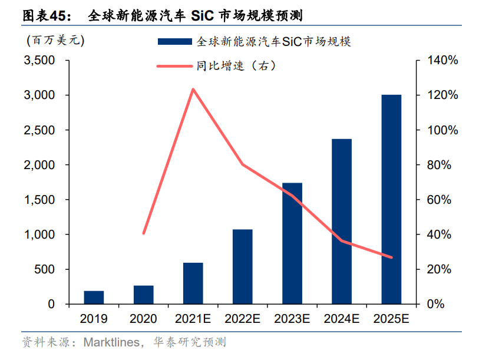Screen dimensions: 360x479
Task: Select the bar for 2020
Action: [x=143, y=295]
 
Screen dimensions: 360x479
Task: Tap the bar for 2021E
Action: [x=193, y=283]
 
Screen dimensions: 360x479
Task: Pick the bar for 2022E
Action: [x=242, y=267]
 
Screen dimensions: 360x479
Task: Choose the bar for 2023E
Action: [x=292, y=243]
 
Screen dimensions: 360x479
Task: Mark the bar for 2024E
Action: [x=342, y=222]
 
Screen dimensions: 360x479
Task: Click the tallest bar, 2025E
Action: [x=391, y=199]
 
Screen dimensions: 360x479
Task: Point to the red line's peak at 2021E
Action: [x=193, y=90]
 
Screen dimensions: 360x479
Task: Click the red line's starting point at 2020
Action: [x=143, y=233]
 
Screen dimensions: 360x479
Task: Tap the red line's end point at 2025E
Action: [x=391, y=257]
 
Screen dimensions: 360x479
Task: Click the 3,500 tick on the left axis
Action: [x=39, y=61]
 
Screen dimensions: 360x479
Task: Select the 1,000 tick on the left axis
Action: [x=39, y=235]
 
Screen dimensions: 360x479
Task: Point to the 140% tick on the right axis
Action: [x=439, y=61]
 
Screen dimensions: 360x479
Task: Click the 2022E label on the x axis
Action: [x=242, y=319]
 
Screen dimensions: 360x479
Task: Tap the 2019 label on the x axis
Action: [x=94, y=319]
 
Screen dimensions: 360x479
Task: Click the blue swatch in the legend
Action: [x=174, y=42]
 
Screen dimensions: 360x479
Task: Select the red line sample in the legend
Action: [x=174, y=65]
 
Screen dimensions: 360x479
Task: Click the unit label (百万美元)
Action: [x=55, y=41]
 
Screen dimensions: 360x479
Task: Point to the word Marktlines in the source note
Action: [x=111, y=342]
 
